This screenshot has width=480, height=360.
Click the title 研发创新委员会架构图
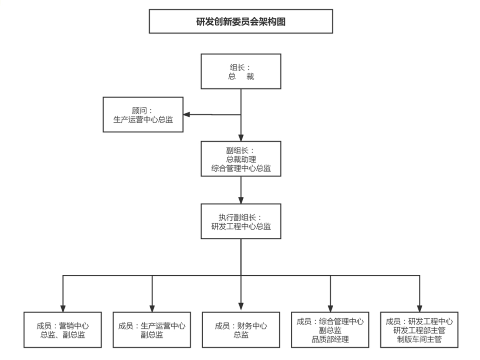click(x=241, y=22)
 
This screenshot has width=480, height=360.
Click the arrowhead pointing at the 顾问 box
click(x=186, y=114)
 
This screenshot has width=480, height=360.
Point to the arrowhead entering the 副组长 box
click(x=241, y=138)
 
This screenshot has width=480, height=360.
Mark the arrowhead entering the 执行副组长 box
click(x=241, y=200)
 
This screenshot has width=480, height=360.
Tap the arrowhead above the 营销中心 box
click(x=63, y=309)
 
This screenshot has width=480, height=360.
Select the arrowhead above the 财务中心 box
click(x=241, y=306)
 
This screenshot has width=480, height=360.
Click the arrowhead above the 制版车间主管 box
click(x=420, y=309)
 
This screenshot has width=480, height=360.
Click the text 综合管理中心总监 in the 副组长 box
click(x=241, y=168)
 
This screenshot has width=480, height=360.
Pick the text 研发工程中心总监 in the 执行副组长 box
click(x=241, y=226)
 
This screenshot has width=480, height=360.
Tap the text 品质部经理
click(x=330, y=340)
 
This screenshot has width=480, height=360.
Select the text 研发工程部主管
click(x=419, y=330)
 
